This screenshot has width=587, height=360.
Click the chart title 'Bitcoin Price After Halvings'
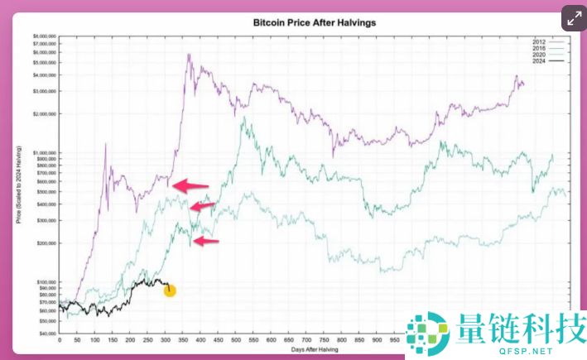(x=314, y=22)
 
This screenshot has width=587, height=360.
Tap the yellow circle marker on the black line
(x=170, y=290)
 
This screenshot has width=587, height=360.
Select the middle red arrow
(x=202, y=206)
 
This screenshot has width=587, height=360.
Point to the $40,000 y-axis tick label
(x=46, y=334)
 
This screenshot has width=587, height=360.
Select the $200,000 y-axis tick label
(x=46, y=243)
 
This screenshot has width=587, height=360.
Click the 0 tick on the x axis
(x=60, y=341)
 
